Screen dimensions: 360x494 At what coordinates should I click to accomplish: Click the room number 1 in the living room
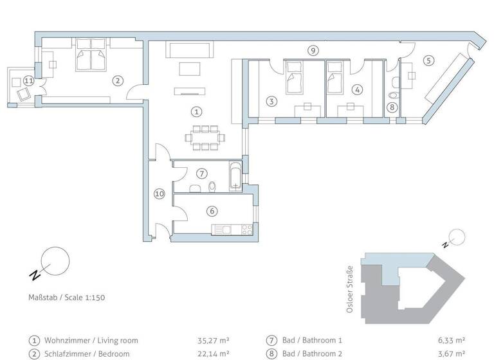(197, 112)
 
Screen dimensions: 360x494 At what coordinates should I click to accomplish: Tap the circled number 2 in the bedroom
(117, 80)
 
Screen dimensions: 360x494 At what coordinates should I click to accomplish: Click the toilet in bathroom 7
(212, 186)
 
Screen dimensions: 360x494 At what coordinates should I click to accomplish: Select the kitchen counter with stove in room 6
(233, 229)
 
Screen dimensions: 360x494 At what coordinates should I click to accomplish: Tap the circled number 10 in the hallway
(160, 193)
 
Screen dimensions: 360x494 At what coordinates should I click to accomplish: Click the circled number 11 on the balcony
(28, 80)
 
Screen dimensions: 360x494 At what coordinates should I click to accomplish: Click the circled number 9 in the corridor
(313, 50)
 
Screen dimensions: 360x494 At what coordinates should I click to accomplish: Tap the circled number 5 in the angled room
(428, 60)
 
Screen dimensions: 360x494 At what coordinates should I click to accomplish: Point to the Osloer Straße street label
(350, 290)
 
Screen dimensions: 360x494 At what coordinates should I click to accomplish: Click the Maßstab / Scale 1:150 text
(62, 298)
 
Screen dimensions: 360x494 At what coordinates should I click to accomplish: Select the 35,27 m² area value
(213, 341)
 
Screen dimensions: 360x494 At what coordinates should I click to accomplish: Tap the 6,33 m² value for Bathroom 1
(451, 341)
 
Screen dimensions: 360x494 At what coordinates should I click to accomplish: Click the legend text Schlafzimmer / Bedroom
(87, 354)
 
